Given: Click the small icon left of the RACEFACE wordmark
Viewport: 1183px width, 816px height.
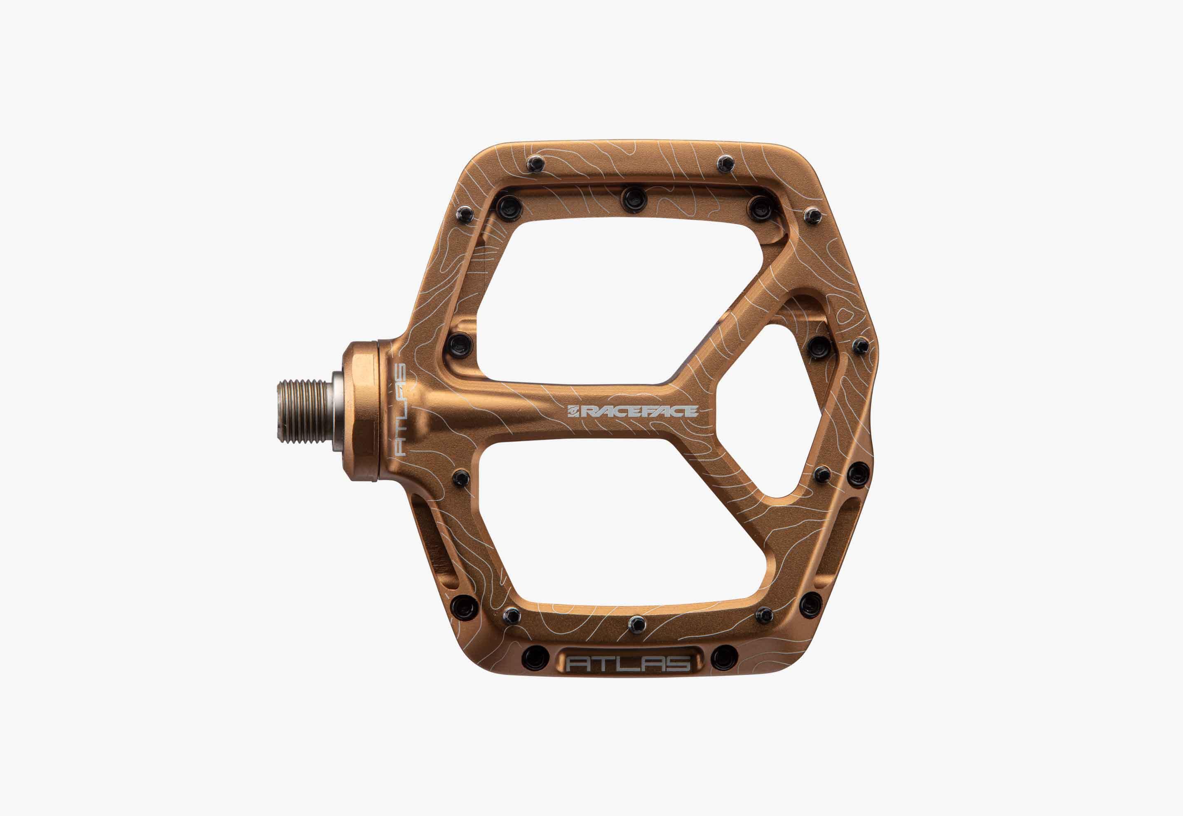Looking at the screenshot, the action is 574,411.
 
